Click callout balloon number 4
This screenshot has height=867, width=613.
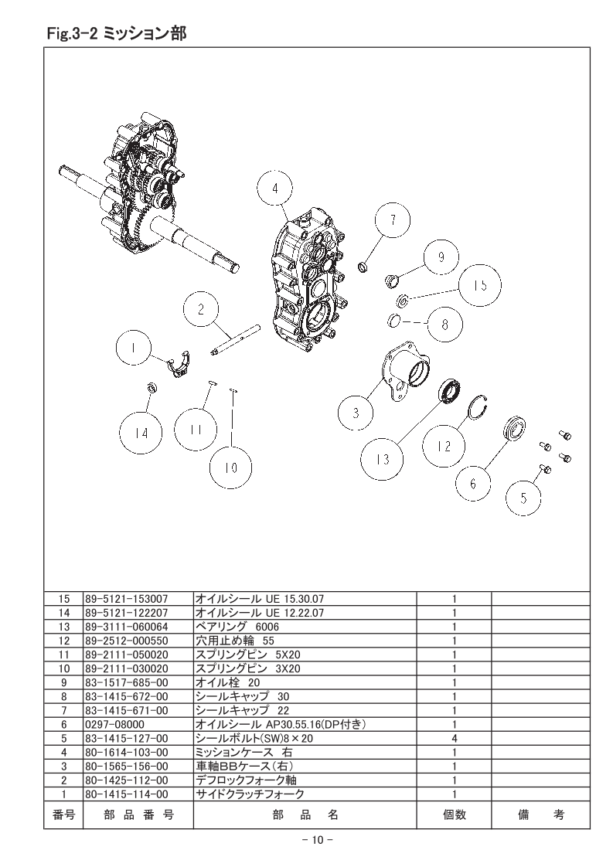(x=275, y=188)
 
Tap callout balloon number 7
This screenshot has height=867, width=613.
(x=392, y=220)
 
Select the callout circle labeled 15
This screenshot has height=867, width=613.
(x=480, y=285)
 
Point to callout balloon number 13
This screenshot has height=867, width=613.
(x=383, y=458)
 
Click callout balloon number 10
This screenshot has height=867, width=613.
(x=230, y=467)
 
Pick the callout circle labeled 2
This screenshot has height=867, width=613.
(x=201, y=308)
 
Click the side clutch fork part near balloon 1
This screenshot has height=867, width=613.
(x=179, y=364)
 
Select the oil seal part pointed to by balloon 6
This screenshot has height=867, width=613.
(x=515, y=430)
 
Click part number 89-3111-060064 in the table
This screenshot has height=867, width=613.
(x=127, y=627)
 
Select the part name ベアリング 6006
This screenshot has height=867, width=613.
(x=237, y=627)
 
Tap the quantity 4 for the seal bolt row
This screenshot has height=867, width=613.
(x=455, y=738)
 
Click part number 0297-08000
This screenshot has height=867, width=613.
(x=114, y=724)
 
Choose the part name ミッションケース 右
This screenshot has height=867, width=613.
(x=244, y=752)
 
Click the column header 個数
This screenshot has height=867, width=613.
(x=455, y=814)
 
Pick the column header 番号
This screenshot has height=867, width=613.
(x=63, y=814)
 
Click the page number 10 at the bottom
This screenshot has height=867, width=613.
(x=316, y=840)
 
